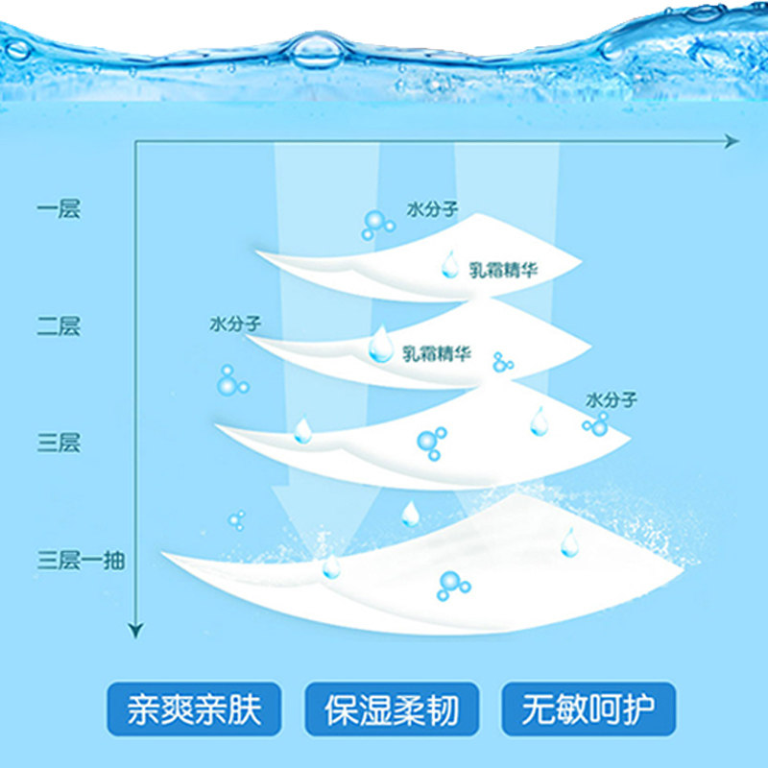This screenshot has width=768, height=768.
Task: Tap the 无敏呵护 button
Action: pos(587,710)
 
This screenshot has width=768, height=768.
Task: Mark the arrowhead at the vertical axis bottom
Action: pos(135,630)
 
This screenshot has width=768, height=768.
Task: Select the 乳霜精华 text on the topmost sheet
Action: pos(504,271)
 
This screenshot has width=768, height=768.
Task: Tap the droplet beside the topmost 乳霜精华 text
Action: pos(449,263)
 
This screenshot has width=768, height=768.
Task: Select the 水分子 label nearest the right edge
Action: pos(611,398)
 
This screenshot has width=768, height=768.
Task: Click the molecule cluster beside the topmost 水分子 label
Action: pos(377,225)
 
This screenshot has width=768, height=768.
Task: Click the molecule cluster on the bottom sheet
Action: pos(451,584)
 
